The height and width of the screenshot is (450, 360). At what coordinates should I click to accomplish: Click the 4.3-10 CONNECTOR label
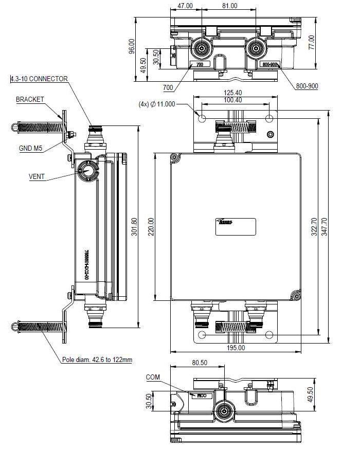point(39,79)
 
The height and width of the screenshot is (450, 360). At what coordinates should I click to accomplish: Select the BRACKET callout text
point(30,99)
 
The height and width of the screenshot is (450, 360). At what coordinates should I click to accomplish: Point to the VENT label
point(37,177)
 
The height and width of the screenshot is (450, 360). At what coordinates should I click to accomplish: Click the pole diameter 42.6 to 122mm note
point(97,360)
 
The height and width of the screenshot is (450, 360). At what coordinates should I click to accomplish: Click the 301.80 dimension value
point(135,226)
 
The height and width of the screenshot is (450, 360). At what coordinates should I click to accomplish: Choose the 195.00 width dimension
point(235,348)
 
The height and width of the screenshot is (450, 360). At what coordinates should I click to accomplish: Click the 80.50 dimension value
point(200,363)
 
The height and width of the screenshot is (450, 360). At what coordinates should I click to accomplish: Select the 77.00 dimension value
point(311,42)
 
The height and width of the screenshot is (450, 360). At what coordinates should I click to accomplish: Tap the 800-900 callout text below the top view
point(307,86)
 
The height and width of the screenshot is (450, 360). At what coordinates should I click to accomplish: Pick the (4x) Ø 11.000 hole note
point(157,104)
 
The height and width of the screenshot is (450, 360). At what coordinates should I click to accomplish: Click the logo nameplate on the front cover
point(235,226)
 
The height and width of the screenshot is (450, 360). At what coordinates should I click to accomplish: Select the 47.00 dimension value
point(185,6)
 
